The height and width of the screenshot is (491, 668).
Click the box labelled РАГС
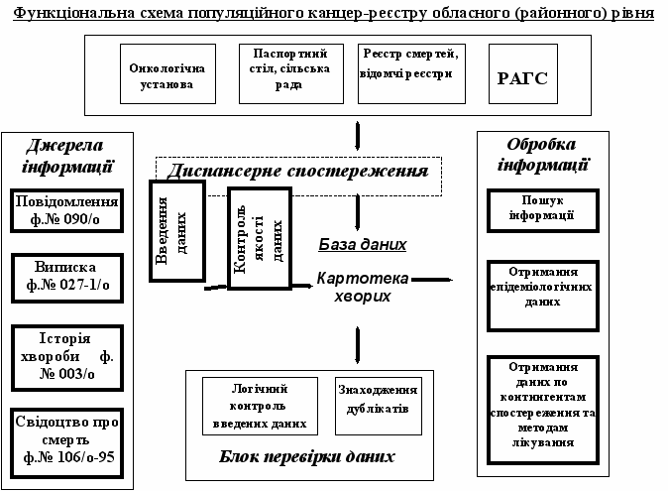click(523, 73)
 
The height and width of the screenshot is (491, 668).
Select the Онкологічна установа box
click(167, 73)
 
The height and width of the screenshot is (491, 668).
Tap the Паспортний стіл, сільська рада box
click(291, 73)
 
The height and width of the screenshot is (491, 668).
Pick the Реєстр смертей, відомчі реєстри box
click(411, 73)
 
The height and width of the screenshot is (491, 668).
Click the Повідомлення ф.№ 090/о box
click(66, 210)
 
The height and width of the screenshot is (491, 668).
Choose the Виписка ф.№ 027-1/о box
click(67, 279)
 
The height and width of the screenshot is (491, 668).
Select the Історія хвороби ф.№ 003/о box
click(67, 358)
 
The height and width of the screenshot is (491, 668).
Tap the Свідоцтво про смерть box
click(66, 443)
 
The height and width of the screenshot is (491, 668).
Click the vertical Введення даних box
click(177, 231)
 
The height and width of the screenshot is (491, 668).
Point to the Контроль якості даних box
click(260, 238)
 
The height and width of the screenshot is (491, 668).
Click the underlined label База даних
click(363, 245)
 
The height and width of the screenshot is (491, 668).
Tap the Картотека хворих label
click(363, 287)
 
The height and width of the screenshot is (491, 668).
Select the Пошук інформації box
click(543, 211)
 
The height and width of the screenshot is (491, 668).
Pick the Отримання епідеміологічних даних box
click(543, 296)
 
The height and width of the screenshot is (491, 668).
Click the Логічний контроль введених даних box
click(260, 406)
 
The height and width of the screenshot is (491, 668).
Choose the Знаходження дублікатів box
click(379, 406)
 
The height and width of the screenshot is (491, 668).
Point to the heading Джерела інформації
click(66, 156)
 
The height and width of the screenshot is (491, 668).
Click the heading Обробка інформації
click(542, 155)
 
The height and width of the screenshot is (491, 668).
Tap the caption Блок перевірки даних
click(306, 456)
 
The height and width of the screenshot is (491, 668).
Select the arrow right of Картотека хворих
click(432, 280)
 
